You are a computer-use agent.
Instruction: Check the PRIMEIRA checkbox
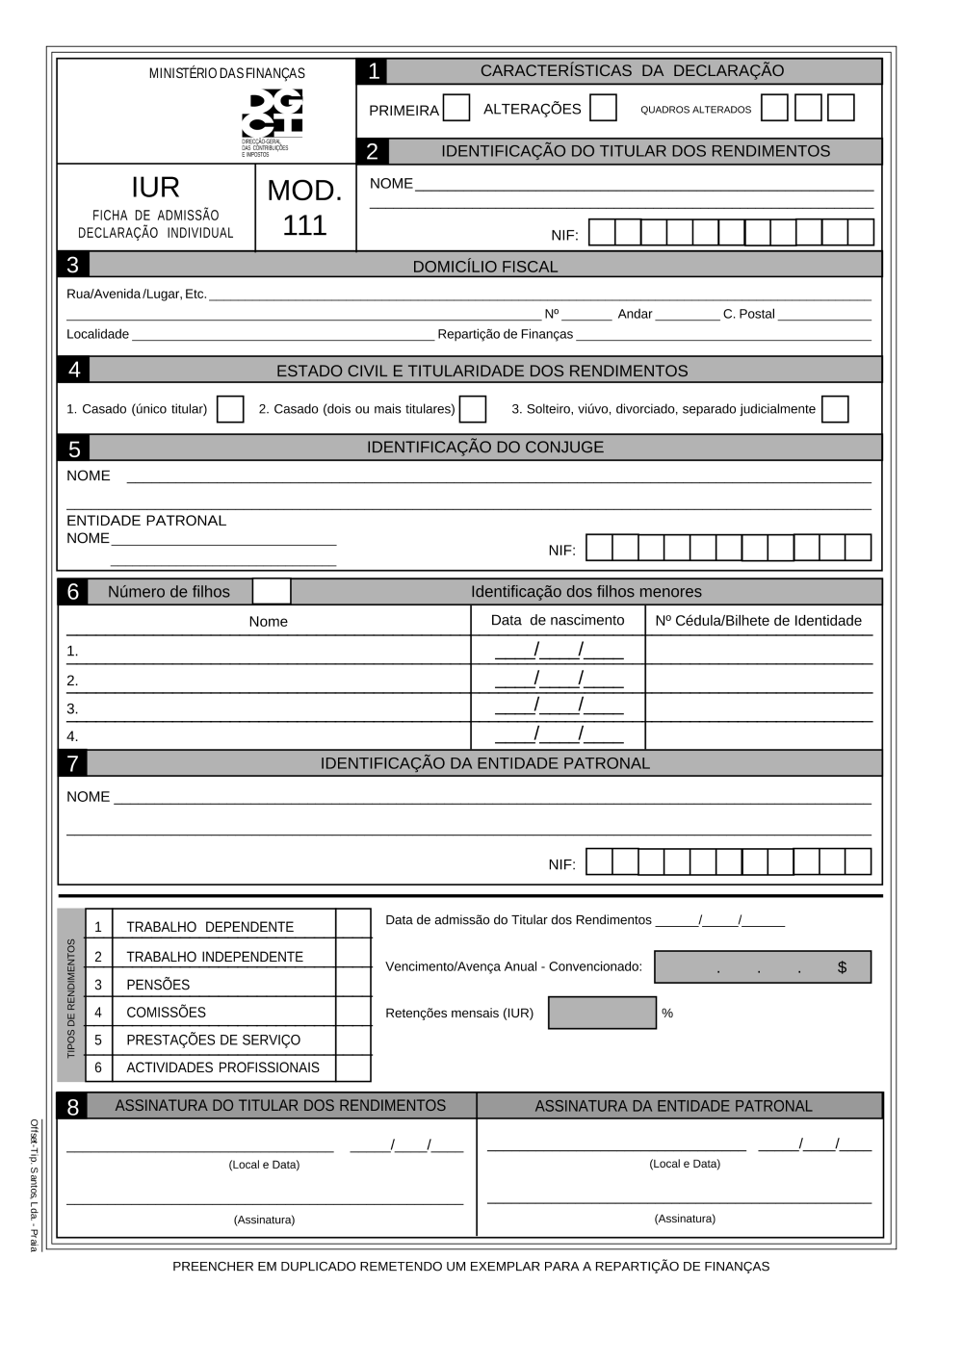click(456, 108)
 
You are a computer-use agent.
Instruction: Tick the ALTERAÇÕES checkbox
click(603, 108)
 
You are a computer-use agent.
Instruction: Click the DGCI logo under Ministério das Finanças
click(272, 113)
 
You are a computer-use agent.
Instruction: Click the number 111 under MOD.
click(304, 225)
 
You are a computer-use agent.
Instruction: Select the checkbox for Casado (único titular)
click(230, 409)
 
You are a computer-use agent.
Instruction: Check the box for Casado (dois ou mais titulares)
click(473, 409)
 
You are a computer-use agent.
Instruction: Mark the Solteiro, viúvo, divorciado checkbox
click(835, 409)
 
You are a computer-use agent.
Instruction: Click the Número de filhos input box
click(271, 591)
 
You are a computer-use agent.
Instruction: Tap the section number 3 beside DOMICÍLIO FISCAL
click(73, 265)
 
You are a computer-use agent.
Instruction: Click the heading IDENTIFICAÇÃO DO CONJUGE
click(484, 448)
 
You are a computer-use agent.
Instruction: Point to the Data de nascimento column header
click(558, 621)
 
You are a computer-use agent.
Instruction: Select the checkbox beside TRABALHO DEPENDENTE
click(353, 925)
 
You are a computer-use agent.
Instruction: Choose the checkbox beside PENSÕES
click(353, 984)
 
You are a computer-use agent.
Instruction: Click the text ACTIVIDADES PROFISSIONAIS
click(222, 1067)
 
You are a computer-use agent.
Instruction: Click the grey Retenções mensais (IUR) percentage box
click(602, 1013)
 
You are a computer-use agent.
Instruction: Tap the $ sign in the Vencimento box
click(842, 967)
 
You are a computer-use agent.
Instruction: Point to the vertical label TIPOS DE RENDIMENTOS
click(71, 998)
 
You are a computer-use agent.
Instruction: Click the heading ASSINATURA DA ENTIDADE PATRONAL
click(673, 1106)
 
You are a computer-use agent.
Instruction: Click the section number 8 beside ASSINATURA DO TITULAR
click(73, 1107)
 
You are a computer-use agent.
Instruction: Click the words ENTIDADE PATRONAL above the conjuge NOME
click(146, 521)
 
